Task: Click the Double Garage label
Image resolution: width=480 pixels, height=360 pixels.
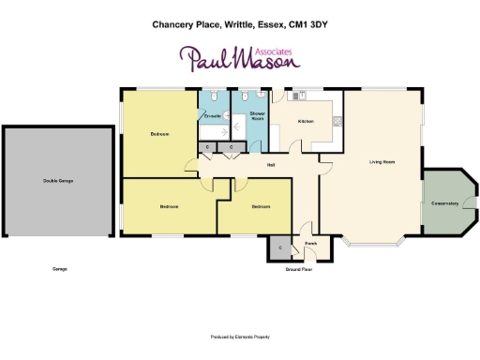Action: pyautogui.click(x=57, y=180)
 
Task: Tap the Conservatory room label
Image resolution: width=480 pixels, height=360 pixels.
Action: pyautogui.click(x=444, y=202)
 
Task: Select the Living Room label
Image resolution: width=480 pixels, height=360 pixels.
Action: pyautogui.click(x=382, y=162)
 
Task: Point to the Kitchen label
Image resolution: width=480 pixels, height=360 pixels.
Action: pyautogui.click(x=306, y=122)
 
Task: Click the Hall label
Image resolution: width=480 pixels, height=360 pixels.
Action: pyautogui.click(x=271, y=165)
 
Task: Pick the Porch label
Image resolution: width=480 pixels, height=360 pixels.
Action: pyautogui.click(x=310, y=241)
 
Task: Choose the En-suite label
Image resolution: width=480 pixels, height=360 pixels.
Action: pyautogui.click(x=212, y=115)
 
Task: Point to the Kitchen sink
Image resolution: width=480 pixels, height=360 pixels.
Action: pyautogui.click(x=302, y=96)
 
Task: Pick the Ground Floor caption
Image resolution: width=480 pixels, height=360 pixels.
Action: pyautogui.click(x=298, y=269)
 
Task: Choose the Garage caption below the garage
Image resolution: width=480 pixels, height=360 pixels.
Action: pyautogui.click(x=60, y=269)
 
